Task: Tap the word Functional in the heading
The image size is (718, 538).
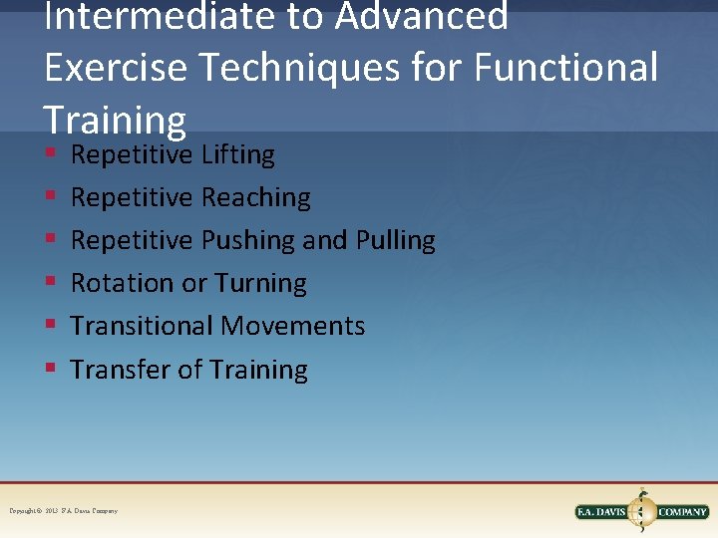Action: point(566,68)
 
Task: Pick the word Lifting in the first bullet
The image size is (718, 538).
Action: point(237,154)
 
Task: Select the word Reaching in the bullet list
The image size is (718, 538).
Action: point(255,197)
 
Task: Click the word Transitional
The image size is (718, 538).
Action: point(142,326)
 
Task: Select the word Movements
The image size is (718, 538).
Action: point(292,326)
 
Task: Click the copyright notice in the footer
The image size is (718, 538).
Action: point(64,511)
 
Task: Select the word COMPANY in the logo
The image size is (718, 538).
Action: point(682,512)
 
